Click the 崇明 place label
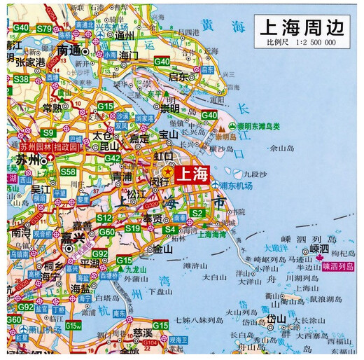(170, 109)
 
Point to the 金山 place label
(162, 248)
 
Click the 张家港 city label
(30, 62)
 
